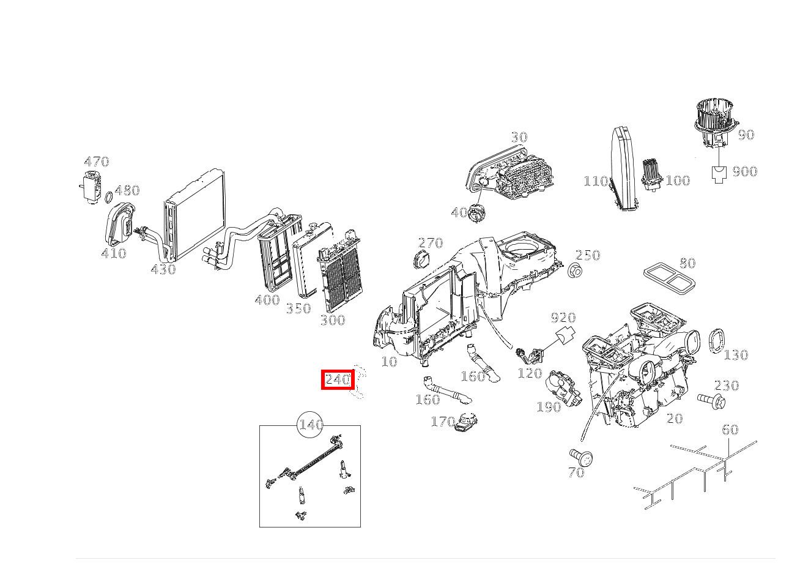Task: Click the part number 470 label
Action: pos(96,162)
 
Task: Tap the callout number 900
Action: pos(744,171)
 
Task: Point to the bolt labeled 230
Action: pos(711,400)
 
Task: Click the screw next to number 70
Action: pos(582,457)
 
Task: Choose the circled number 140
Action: pos(310,425)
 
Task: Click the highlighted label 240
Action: pos(338,380)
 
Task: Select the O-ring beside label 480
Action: pos(108,198)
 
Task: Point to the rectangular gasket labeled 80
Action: pos(670,278)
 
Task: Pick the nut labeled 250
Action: pos(574,270)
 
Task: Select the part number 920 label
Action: pos(563,318)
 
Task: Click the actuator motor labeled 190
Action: pos(564,387)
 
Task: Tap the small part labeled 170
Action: pos(467,423)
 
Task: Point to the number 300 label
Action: pos(332,320)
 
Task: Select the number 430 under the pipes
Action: pos(163,269)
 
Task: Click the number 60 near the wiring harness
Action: pos(730,430)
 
